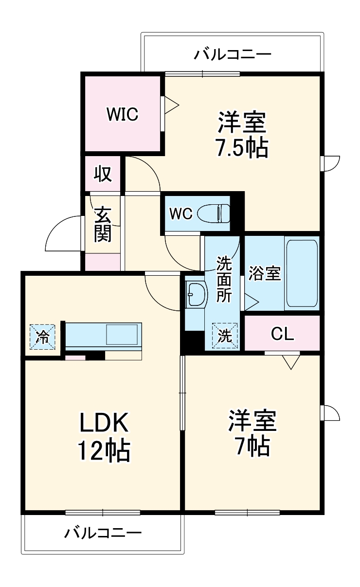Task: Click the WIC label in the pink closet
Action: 123,114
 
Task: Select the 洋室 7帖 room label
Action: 252,432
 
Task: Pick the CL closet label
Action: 283,334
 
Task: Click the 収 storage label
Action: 103,174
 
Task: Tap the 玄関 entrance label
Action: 103,224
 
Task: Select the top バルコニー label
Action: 233,54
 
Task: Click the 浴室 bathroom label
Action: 264,274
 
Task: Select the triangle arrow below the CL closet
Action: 290,362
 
